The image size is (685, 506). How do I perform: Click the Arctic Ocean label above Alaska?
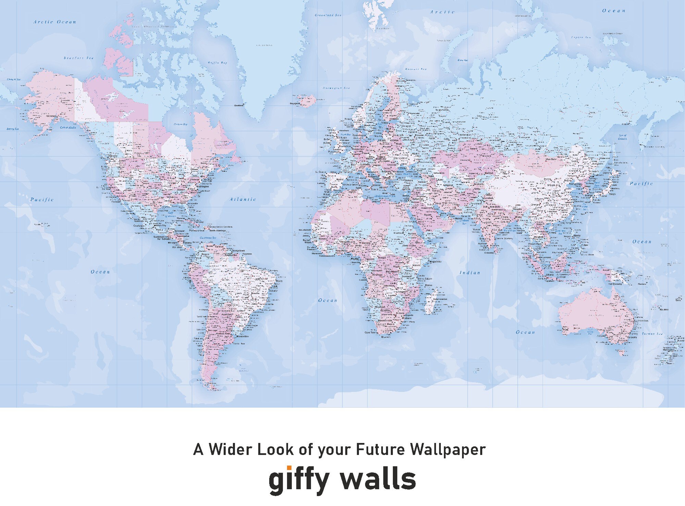click(55, 22)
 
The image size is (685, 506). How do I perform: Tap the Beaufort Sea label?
click(78, 58)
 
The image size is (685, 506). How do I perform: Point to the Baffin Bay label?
click(217, 63)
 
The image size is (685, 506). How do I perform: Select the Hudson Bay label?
click(180, 124)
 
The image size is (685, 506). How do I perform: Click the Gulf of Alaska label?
click(68, 127)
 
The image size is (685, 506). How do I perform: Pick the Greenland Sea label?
click(328, 15)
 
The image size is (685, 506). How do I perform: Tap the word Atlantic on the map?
click(243, 199)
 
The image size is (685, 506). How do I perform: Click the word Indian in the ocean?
click(470, 273)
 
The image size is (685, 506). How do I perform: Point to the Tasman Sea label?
click(652, 334)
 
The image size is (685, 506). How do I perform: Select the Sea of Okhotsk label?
click(622, 137)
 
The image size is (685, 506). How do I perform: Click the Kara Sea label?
click(463, 60)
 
